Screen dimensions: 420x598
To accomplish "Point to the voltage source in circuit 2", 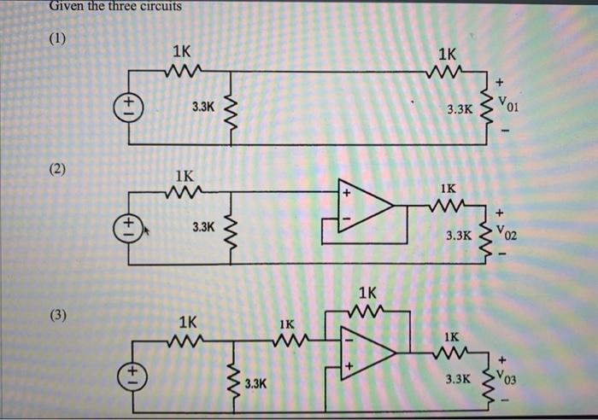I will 129,227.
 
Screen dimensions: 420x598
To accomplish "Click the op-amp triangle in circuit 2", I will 363,206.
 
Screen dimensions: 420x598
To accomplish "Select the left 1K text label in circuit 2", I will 185,176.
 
